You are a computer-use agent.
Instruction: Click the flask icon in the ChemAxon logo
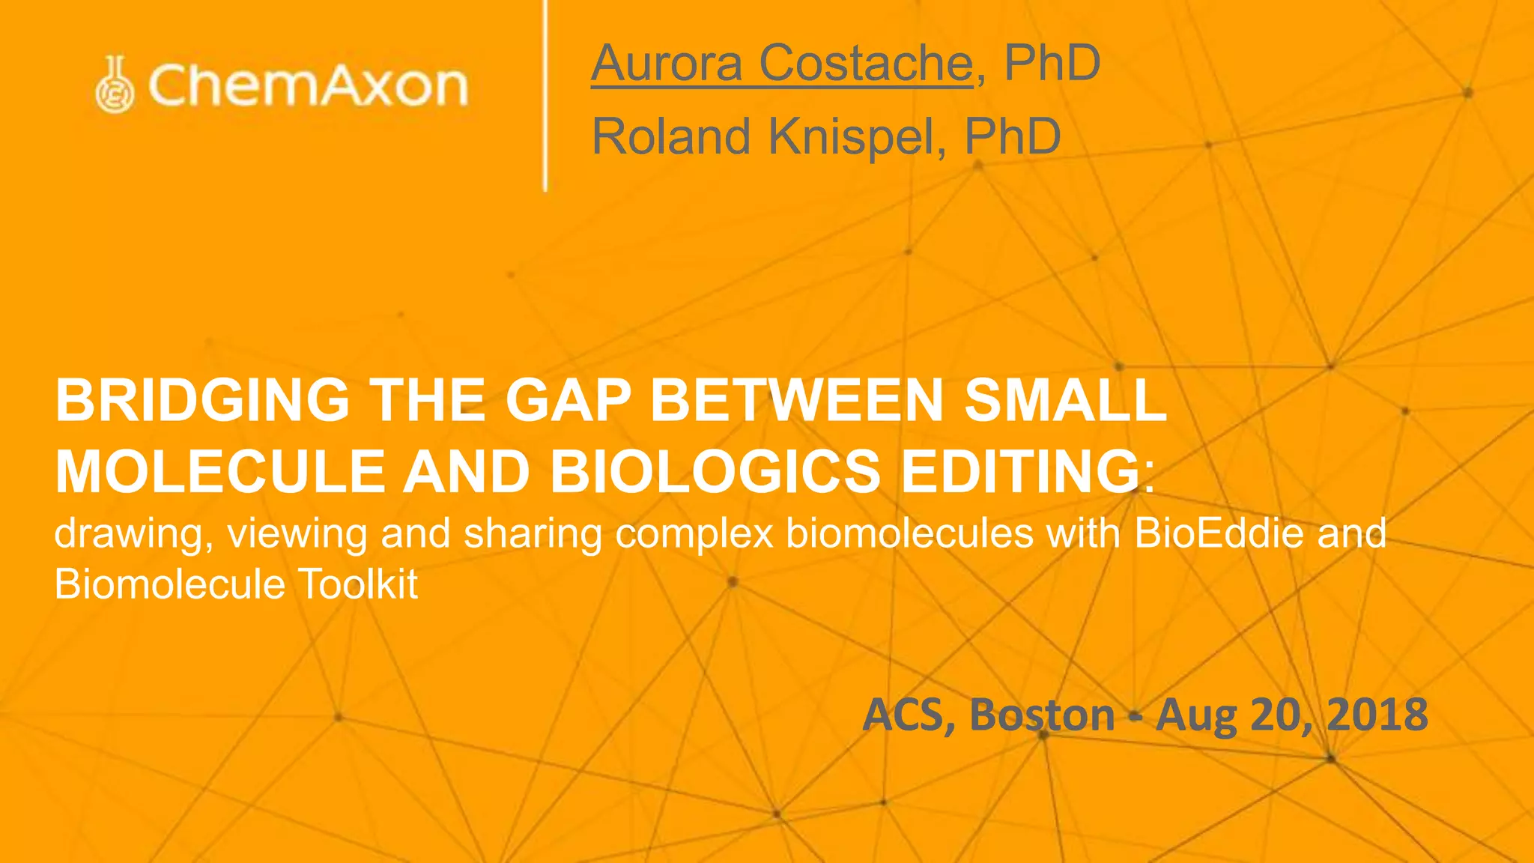[x=115, y=85]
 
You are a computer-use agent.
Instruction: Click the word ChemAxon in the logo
[x=308, y=85]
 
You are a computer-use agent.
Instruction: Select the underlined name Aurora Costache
[x=782, y=63]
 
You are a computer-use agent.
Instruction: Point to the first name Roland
[x=671, y=136]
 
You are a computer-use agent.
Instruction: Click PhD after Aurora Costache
[x=1052, y=63]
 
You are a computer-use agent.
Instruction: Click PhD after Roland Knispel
[x=1012, y=136]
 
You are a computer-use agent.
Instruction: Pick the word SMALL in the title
[x=1064, y=400]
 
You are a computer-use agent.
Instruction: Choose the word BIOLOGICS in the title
[x=715, y=472]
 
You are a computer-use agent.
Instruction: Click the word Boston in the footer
[x=1042, y=715]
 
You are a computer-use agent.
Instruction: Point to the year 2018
[x=1377, y=715]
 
